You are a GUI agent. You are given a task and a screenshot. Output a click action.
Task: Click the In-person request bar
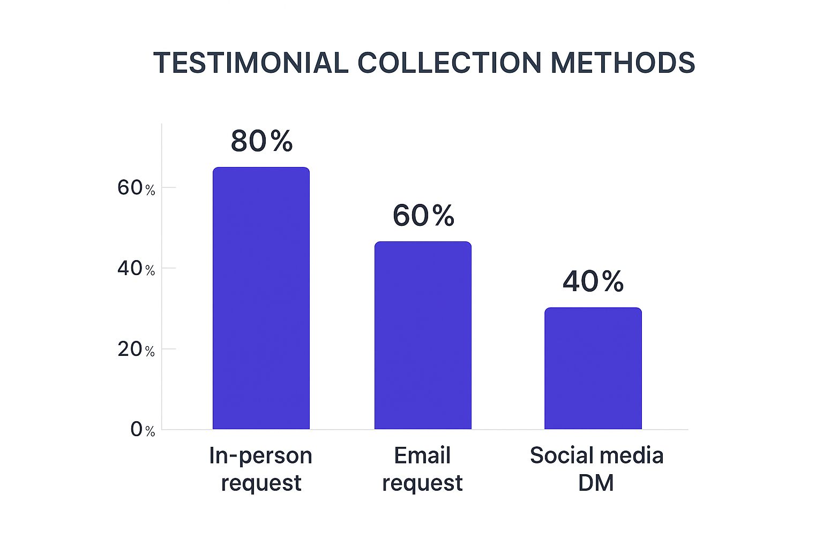pos(261,298)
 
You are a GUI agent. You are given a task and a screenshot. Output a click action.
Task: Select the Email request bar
pos(423,336)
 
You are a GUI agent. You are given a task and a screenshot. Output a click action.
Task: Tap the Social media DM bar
pos(593,368)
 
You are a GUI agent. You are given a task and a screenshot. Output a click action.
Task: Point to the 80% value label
pos(261,142)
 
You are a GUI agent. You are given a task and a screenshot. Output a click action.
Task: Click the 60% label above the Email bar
pos(423,216)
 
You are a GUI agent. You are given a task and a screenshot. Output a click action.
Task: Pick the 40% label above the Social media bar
pos(593,281)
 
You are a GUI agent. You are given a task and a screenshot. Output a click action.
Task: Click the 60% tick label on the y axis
pos(136,188)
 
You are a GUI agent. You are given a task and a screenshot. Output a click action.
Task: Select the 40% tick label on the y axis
pos(136,269)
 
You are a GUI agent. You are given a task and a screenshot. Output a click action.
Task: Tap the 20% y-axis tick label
pos(136,349)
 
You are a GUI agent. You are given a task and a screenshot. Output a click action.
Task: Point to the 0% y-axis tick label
pos(143,430)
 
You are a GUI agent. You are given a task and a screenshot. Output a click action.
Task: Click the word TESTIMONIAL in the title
pos(251,63)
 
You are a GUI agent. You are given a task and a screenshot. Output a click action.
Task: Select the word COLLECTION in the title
pos(449,63)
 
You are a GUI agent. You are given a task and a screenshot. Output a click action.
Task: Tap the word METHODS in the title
pos(622,63)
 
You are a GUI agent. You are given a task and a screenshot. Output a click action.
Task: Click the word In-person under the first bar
pos(260,456)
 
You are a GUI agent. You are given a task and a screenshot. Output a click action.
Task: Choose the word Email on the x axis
pos(422,456)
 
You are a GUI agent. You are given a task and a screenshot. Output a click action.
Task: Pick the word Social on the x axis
pos(559,456)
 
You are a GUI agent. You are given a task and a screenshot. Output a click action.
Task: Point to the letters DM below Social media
pos(596,483)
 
